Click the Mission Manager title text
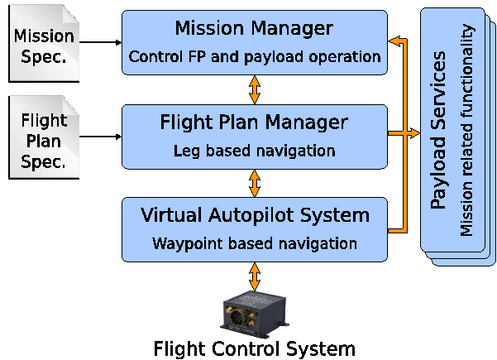tap(254, 29)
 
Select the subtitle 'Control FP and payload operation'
tap(254, 58)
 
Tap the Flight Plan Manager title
tap(254, 123)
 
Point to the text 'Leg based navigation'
tap(254, 151)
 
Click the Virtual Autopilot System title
tap(254, 216)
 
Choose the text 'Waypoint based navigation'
tap(254, 244)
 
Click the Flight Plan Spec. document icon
tap(43, 137)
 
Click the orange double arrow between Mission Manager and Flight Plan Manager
tap(254, 89)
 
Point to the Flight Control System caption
tap(254, 348)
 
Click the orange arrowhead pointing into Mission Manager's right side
tap(394, 41)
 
